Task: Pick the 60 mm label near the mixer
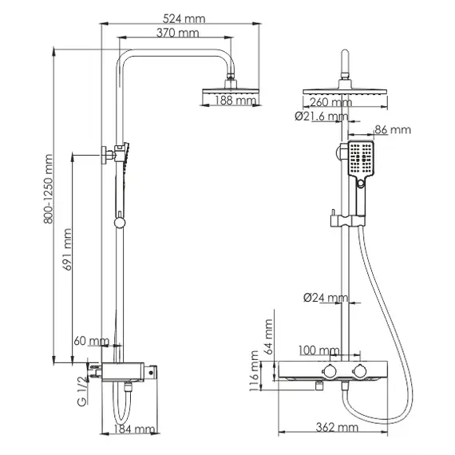[89, 341]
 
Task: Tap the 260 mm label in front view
[330, 101]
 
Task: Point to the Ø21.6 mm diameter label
[321, 117]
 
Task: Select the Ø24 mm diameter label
[326, 298]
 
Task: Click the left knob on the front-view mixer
[328, 372]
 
